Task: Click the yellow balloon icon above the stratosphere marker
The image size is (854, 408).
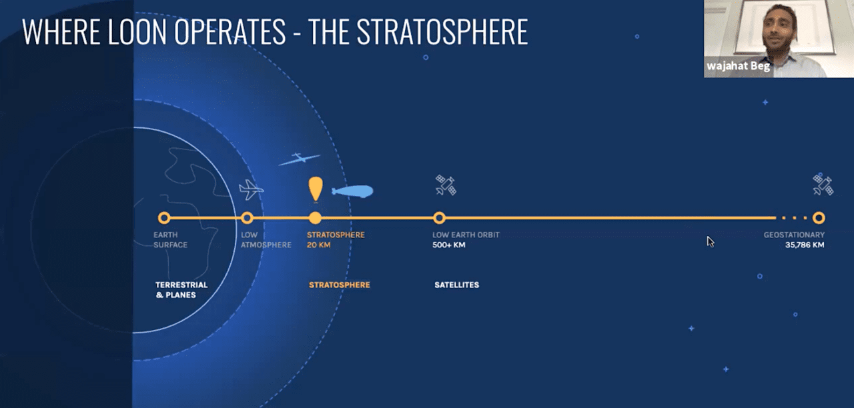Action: (316, 189)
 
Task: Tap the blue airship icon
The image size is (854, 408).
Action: (353, 191)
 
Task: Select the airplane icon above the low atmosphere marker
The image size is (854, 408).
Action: (251, 189)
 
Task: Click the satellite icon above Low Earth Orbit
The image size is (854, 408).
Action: (446, 185)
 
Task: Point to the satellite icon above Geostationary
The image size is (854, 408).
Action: (823, 185)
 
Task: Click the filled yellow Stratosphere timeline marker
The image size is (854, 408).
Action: (315, 218)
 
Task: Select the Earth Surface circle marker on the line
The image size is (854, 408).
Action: (164, 218)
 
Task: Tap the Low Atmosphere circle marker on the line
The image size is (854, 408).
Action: (247, 218)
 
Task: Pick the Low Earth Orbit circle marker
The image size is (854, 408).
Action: (439, 218)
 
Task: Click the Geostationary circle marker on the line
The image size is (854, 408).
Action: (819, 218)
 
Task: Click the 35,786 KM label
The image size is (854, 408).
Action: (805, 245)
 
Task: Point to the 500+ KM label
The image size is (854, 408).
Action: (449, 245)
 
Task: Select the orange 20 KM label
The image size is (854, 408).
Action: (319, 245)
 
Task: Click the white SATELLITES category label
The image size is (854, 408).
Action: (457, 285)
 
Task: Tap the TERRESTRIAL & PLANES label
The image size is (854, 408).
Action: (181, 290)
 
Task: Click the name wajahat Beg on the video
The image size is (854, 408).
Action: (739, 66)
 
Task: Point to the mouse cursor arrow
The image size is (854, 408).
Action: (711, 242)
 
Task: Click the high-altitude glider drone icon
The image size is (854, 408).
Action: (300, 159)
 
